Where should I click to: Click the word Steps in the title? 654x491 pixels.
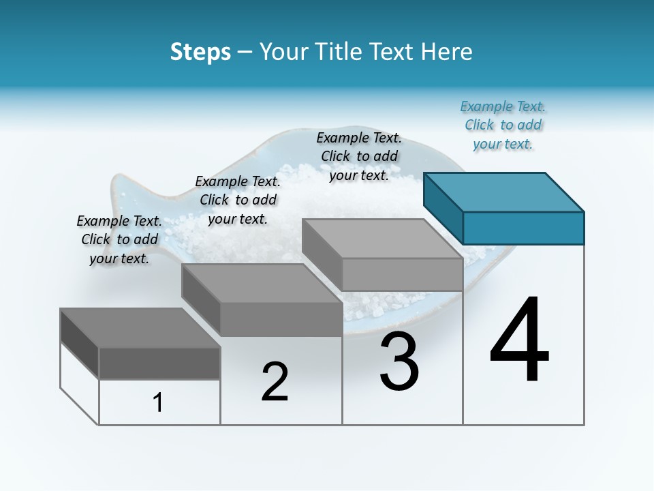(x=200, y=52)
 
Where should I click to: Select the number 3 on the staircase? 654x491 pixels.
(x=399, y=361)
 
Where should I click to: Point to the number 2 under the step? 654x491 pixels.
(x=275, y=382)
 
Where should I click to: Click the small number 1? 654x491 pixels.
(x=158, y=402)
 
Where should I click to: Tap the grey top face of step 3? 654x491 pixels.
(x=382, y=238)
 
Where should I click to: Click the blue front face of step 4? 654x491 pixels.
(x=523, y=228)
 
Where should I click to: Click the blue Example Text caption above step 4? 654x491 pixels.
(x=503, y=125)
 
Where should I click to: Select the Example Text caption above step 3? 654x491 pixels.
(x=359, y=156)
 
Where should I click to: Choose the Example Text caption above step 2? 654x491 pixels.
(x=238, y=200)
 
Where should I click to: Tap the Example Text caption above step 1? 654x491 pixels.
(x=119, y=239)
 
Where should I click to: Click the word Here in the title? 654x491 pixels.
(x=447, y=52)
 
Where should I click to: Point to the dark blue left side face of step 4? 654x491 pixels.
(x=443, y=207)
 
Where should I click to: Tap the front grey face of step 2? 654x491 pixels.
(x=281, y=319)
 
